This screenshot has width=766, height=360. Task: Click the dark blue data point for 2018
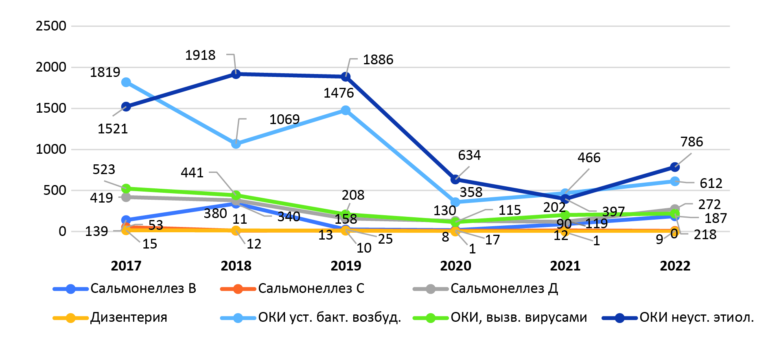click(236, 74)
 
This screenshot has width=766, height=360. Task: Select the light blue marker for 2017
click(126, 82)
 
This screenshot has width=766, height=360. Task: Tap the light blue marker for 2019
click(346, 110)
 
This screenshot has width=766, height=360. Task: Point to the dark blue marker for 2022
click(675, 167)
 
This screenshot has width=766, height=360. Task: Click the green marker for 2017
click(126, 188)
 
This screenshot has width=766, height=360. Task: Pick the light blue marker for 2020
click(455, 202)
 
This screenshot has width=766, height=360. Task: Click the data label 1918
click(200, 55)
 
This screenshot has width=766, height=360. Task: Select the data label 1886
click(378, 60)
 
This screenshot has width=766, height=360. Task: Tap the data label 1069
click(285, 119)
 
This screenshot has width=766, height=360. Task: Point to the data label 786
click(692, 142)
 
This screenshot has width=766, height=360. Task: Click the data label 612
click(711, 183)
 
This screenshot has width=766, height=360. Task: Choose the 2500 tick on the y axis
click(51, 26)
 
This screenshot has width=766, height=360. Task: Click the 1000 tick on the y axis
click(51, 149)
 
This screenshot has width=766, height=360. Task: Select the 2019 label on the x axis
click(346, 266)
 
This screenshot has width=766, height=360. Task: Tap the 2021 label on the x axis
click(565, 266)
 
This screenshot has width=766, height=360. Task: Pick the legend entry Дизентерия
click(129, 317)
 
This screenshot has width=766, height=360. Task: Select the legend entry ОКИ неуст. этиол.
click(696, 317)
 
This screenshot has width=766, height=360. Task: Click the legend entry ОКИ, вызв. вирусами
click(519, 317)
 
